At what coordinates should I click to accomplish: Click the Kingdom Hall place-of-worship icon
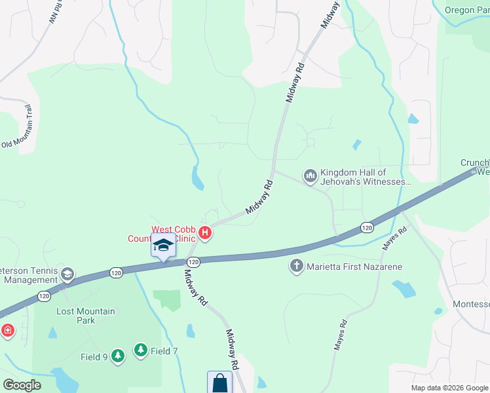(x=309, y=176)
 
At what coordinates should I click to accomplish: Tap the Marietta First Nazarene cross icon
(x=296, y=267)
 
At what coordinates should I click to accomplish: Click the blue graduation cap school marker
(x=163, y=246)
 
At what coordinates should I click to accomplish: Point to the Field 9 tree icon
(x=117, y=356)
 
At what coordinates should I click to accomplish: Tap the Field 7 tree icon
(x=141, y=350)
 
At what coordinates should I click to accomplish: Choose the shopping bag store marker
(x=220, y=383)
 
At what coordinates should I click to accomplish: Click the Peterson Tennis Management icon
(x=67, y=274)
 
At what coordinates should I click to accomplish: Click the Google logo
(x=22, y=385)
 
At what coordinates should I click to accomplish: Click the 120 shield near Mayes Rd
(x=367, y=227)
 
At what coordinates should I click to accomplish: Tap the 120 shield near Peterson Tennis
(x=117, y=272)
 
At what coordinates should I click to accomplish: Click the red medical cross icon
(x=7, y=330)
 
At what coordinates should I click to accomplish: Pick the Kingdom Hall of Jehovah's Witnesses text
(x=365, y=177)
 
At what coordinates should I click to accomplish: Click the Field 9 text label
(x=94, y=357)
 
